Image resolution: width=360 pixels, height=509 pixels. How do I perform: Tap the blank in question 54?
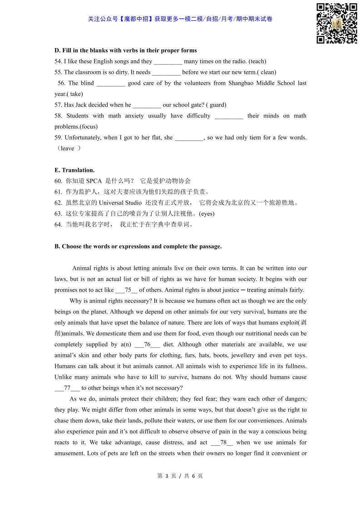pyautogui.click(x=168, y=61)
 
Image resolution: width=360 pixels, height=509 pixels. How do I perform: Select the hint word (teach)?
pyautogui.click(x=257, y=61)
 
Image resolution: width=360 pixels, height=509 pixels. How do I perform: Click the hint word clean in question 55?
pyautogui.click(x=268, y=72)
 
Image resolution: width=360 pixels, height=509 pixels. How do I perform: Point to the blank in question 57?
pyautogui.click(x=147, y=105)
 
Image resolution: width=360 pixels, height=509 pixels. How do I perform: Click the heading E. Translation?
pyautogui.click(x=74, y=170)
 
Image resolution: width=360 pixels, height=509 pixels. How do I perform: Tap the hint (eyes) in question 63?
pyautogui.click(x=207, y=214)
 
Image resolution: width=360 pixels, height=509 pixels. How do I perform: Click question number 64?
pyautogui.click(x=58, y=225)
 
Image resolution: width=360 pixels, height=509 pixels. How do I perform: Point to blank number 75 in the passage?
pyautogui.click(x=127, y=290)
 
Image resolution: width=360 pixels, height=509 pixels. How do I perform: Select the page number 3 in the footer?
pyautogui.click(x=167, y=476)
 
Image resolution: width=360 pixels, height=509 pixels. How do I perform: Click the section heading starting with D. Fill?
pyautogui.click(x=125, y=50)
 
